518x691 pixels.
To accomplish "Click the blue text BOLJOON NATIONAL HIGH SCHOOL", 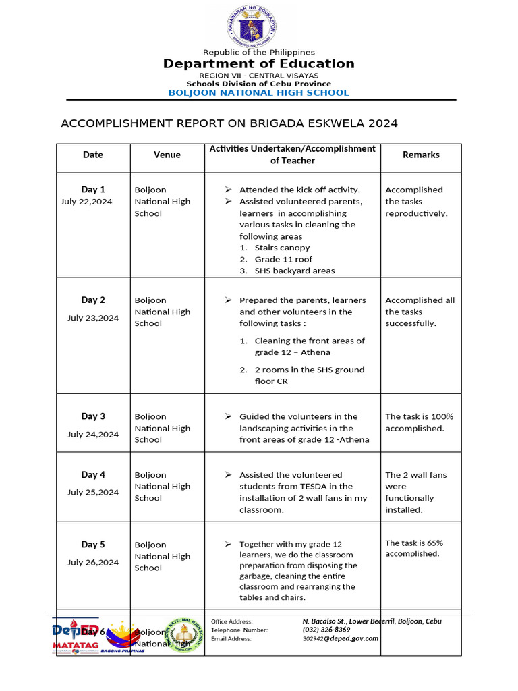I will click(x=258, y=93).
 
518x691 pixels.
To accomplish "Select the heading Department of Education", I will click(x=258, y=64).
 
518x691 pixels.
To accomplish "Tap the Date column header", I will click(x=93, y=155).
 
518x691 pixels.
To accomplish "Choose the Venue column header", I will click(x=167, y=155).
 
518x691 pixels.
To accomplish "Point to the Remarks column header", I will click(x=421, y=155).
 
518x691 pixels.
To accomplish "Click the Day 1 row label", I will click(x=93, y=190).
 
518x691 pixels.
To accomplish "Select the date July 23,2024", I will click(x=93, y=318).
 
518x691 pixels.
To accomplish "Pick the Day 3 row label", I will click(x=93, y=416).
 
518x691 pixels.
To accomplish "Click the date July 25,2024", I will click(x=93, y=492).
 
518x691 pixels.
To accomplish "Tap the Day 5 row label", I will click(x=93, y=544).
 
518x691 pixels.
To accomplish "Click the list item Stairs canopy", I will click(x=282, y=248).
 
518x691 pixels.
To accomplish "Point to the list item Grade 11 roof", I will click(x=283, y=259).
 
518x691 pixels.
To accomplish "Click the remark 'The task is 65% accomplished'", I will click(x=413, y=548).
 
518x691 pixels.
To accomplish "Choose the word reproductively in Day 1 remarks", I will click(x=416, y=213).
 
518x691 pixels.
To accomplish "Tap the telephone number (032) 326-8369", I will click(x=326, y=630).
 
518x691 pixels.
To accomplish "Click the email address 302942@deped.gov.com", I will click(x=340, y=638).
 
